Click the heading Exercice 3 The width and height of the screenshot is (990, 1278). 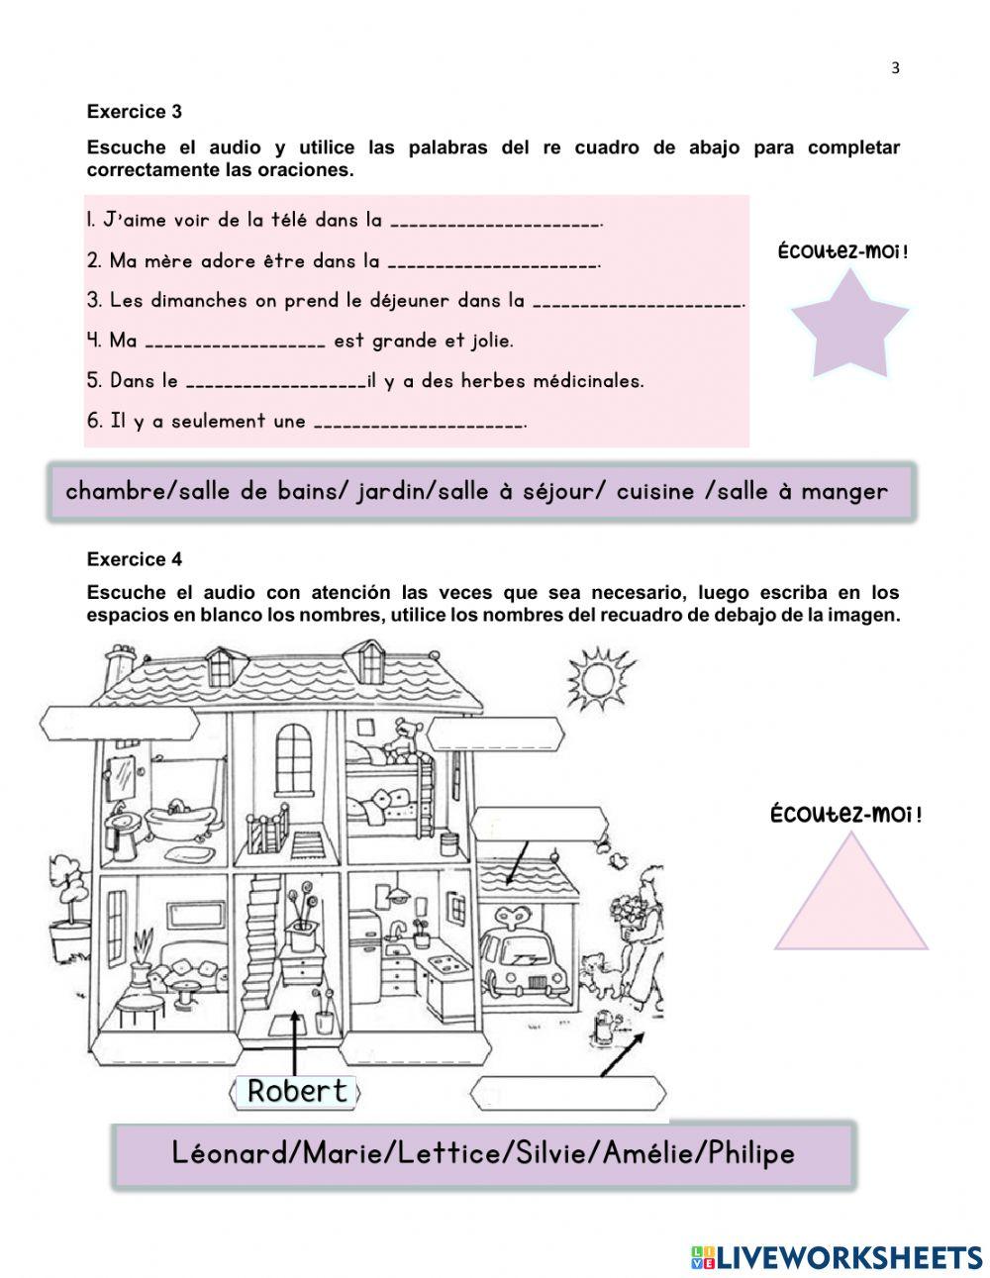(x=135, y=112)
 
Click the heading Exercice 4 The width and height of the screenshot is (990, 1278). (x=135, y=559)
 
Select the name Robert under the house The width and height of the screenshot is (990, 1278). (x=297, y=1091)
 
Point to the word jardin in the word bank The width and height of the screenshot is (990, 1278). (x=394, y=491)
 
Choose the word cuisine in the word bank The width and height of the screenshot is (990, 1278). (x=655, y=491)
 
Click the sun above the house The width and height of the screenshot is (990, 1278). (x=598, y=678)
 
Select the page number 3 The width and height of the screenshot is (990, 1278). (x=895, y=68)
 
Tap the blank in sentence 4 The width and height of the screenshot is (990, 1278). (x=235, y=343)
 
